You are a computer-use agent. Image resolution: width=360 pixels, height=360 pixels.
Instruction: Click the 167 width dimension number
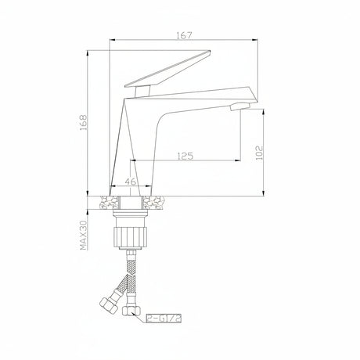point(184,35)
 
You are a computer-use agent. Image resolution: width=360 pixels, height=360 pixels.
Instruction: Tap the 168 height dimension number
point(84,123)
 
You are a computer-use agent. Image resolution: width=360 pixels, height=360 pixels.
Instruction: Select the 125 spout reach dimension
point(185,156)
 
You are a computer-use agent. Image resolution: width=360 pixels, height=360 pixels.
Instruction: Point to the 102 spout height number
point(260,153)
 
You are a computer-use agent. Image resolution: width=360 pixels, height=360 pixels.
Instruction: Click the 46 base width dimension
point(131,182)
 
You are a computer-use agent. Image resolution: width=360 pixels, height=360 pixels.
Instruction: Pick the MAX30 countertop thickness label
point(84,234)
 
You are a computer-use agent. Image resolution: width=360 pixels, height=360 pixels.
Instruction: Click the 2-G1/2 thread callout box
point(164,319)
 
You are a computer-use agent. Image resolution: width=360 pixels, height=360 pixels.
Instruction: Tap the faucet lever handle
point(167,68)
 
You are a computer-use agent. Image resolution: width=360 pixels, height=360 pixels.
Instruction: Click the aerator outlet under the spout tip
point(240,106)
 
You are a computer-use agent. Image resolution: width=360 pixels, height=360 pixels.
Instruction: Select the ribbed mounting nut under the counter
point(129,236)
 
